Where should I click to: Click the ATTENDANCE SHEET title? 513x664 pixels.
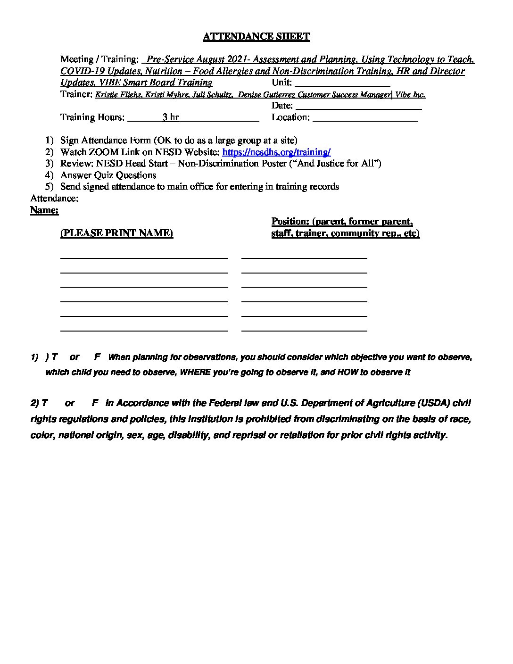click(x=256, y=36)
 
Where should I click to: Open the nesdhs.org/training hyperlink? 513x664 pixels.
click(x=276, y=152)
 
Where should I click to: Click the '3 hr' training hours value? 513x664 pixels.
click(x=170, y=117)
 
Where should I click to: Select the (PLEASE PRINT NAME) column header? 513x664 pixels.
click(x=116, y=233)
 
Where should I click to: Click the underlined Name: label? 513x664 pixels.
click(x=44, y=210)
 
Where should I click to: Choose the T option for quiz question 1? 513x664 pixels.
click(x=55, y=357)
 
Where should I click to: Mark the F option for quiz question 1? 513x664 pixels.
click(x=97, y=357)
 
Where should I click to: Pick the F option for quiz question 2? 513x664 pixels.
click(x=95, y=403)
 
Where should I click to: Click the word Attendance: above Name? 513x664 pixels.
click(x=54, y=198)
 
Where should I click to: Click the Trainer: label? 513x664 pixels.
click(x=76, y=94)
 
